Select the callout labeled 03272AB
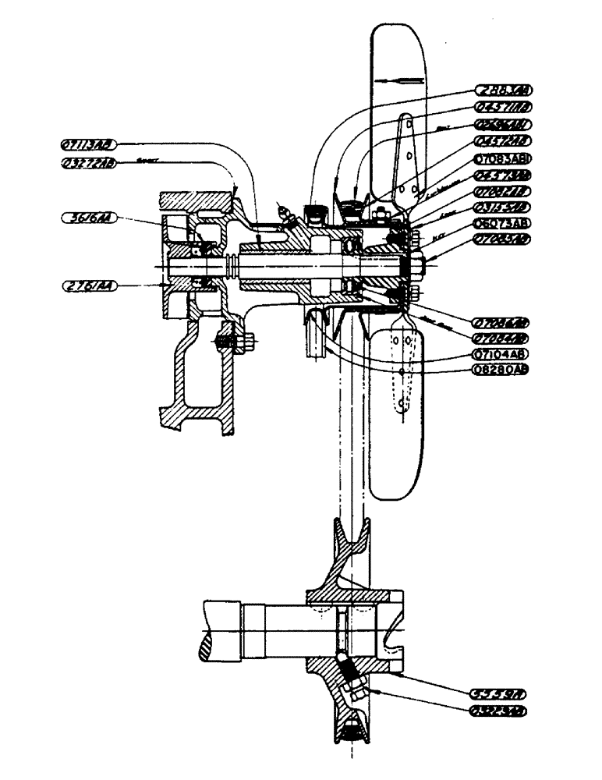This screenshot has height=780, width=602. click(88, 162)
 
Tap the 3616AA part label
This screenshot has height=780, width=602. click(86, 220)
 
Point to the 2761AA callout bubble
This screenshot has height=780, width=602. click(86, 287)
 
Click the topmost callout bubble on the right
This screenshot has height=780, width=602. click(503, 91)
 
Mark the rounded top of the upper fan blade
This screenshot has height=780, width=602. click(398, 31)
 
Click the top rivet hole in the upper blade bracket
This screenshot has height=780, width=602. click(405, 119)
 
